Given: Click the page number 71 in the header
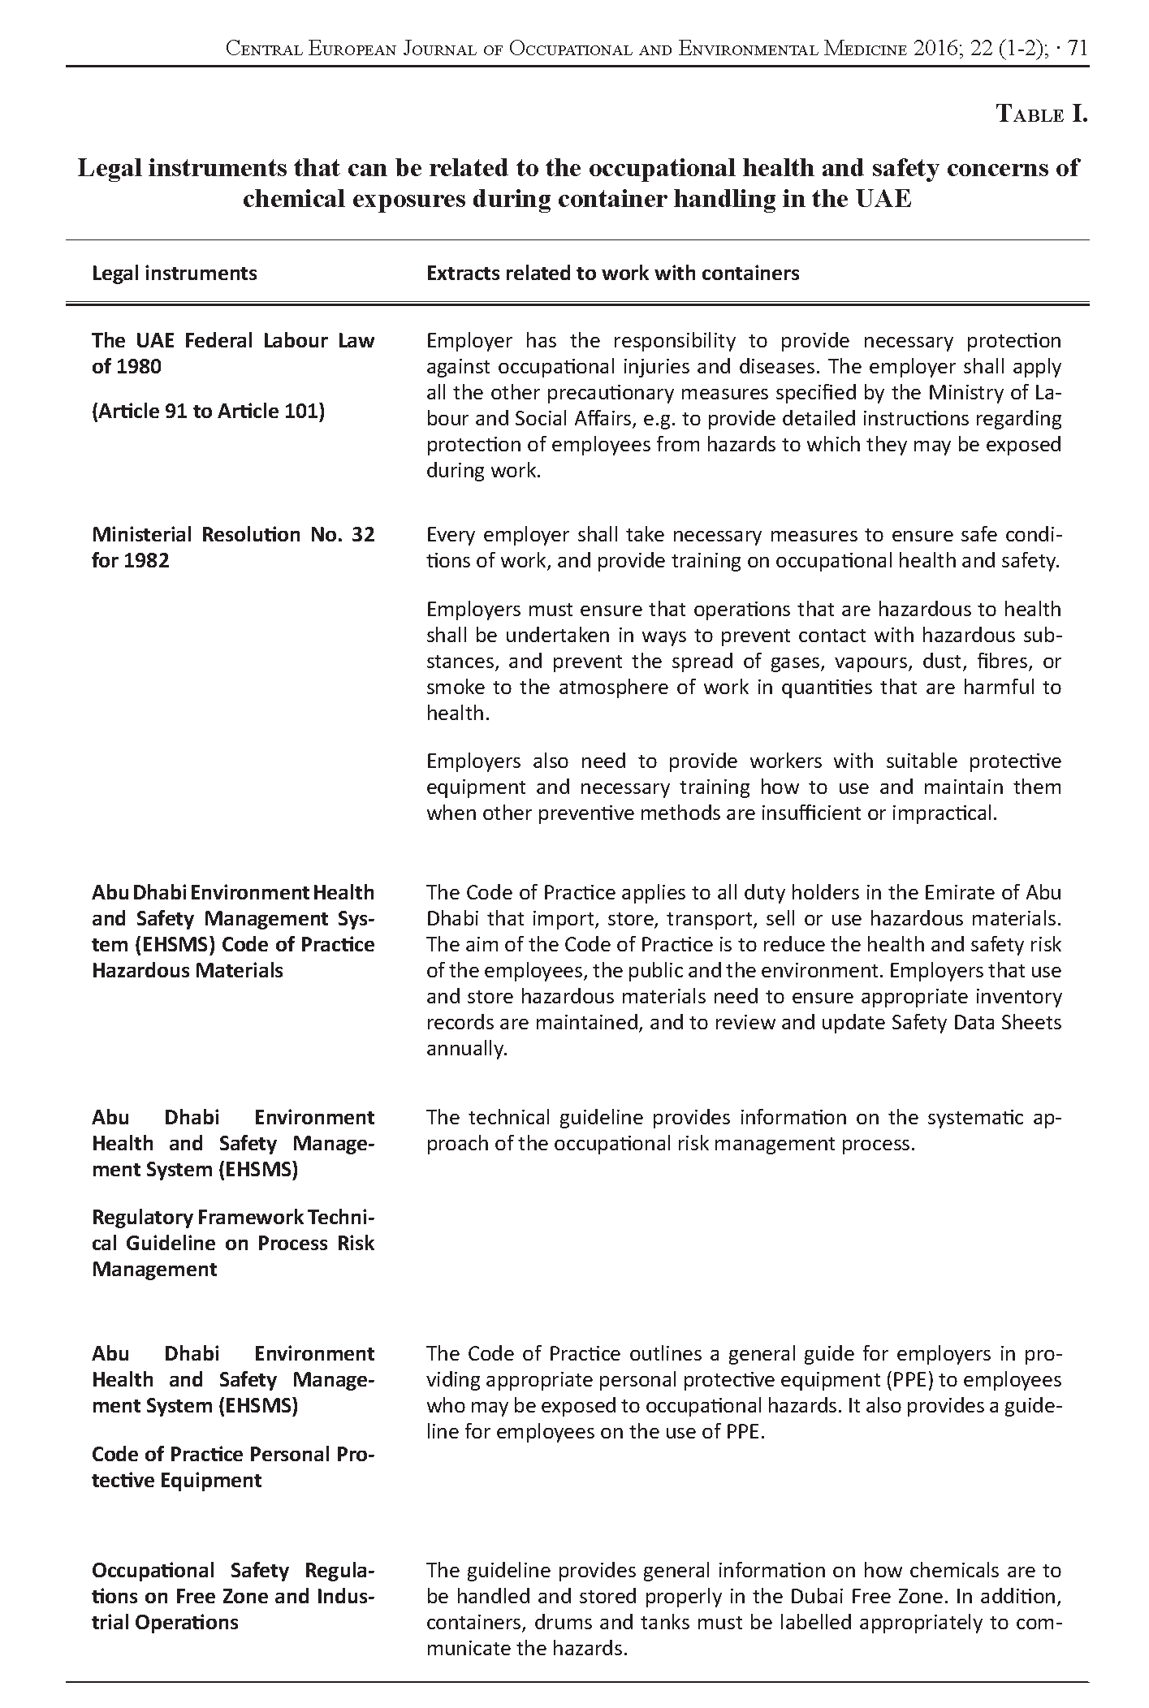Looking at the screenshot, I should coord(1078,49).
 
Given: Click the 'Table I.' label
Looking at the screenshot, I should coord(1042,114).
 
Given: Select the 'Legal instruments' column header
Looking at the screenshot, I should coord(175,273).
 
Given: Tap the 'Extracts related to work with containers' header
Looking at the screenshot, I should coord(612,273).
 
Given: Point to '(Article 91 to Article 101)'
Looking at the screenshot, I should coord(208,412).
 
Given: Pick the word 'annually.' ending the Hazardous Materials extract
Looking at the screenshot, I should coord(467,1048).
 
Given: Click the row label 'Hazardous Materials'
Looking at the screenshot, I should coord(188,970).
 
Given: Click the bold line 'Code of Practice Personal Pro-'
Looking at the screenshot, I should coord(233,1454).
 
